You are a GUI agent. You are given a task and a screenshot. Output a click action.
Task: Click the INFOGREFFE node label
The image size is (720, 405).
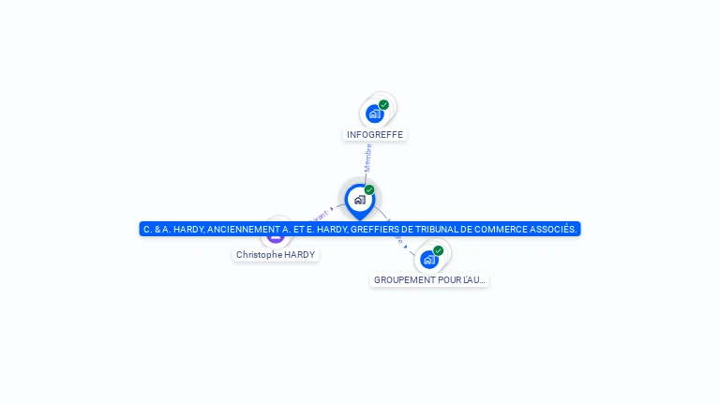(x=375, y=134)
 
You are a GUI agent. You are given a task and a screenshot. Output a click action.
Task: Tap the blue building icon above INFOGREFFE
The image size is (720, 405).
(x=375, y=113)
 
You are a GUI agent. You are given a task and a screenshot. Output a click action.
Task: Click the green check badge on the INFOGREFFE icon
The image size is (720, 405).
(x=383, y=105)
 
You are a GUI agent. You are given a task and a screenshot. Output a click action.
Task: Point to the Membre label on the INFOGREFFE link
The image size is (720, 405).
(x=368, y=157)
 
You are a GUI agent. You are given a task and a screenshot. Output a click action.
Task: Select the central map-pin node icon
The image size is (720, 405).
(x=359, y=199)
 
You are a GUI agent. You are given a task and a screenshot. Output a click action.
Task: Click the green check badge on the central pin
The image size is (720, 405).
(x=369, y=190)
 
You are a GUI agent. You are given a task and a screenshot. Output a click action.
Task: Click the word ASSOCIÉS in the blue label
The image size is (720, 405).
(x=556, y=229)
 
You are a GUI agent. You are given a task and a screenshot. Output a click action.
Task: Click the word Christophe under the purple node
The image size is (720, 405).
(x=258, y=254)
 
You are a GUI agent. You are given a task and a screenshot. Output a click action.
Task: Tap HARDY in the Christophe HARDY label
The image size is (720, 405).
(x=300, y=254)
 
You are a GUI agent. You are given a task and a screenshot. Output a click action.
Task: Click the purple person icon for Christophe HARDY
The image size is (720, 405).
(x=276, y=236)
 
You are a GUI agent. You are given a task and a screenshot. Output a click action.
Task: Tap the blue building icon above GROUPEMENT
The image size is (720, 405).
(x=429, y=259)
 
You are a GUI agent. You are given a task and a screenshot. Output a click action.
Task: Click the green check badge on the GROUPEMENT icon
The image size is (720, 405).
(x=438, y=250)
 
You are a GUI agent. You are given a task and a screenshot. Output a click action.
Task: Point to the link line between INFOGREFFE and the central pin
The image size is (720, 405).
(x=367, y=169)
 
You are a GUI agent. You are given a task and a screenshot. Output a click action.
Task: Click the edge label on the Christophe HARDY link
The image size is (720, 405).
(x=319, y=215)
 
